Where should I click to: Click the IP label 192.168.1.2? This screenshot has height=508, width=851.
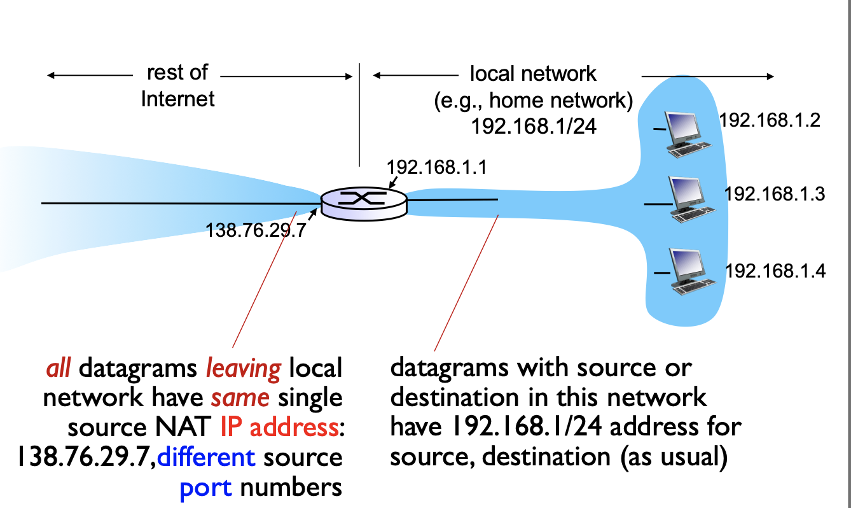coord(770,121)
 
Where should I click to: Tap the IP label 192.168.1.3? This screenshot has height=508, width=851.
coord(775,194)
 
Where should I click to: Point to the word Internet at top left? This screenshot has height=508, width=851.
coord(178,99)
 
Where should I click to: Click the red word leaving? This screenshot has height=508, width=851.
coord(244,368)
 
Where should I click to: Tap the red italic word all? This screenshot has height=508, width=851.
coord(59,368)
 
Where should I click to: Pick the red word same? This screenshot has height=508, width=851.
coord(241,398)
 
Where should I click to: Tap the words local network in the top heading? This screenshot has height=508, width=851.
coord(533,74)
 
